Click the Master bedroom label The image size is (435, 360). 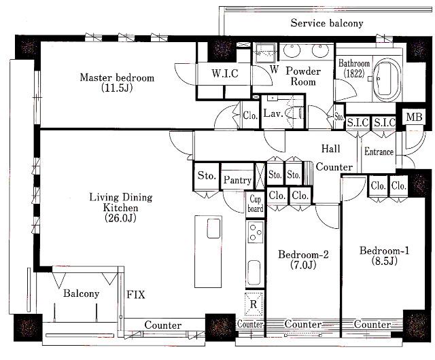coord(117,82)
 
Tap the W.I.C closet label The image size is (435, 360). coord(225,73)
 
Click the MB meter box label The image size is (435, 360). coord(414,117)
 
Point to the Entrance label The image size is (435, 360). coord(379,151)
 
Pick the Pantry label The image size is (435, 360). coord(237,180)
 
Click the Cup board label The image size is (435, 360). coord(256,204)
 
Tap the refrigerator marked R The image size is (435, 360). coord(254,304)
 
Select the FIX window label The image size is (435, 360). coord(136,295)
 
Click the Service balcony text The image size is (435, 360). coord(327,23)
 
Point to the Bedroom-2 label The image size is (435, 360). coord(303,259)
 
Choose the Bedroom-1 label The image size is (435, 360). coord(384,255)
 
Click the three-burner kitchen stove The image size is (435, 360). coord(256,232)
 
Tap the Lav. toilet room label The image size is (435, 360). coord(273,113)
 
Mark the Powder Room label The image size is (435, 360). coord(303,76)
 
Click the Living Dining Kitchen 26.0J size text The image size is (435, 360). coord(120,218)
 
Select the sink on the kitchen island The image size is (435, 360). coord(214,228)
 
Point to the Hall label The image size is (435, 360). coord(331,149)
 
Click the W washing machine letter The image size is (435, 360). coord(274,69)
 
